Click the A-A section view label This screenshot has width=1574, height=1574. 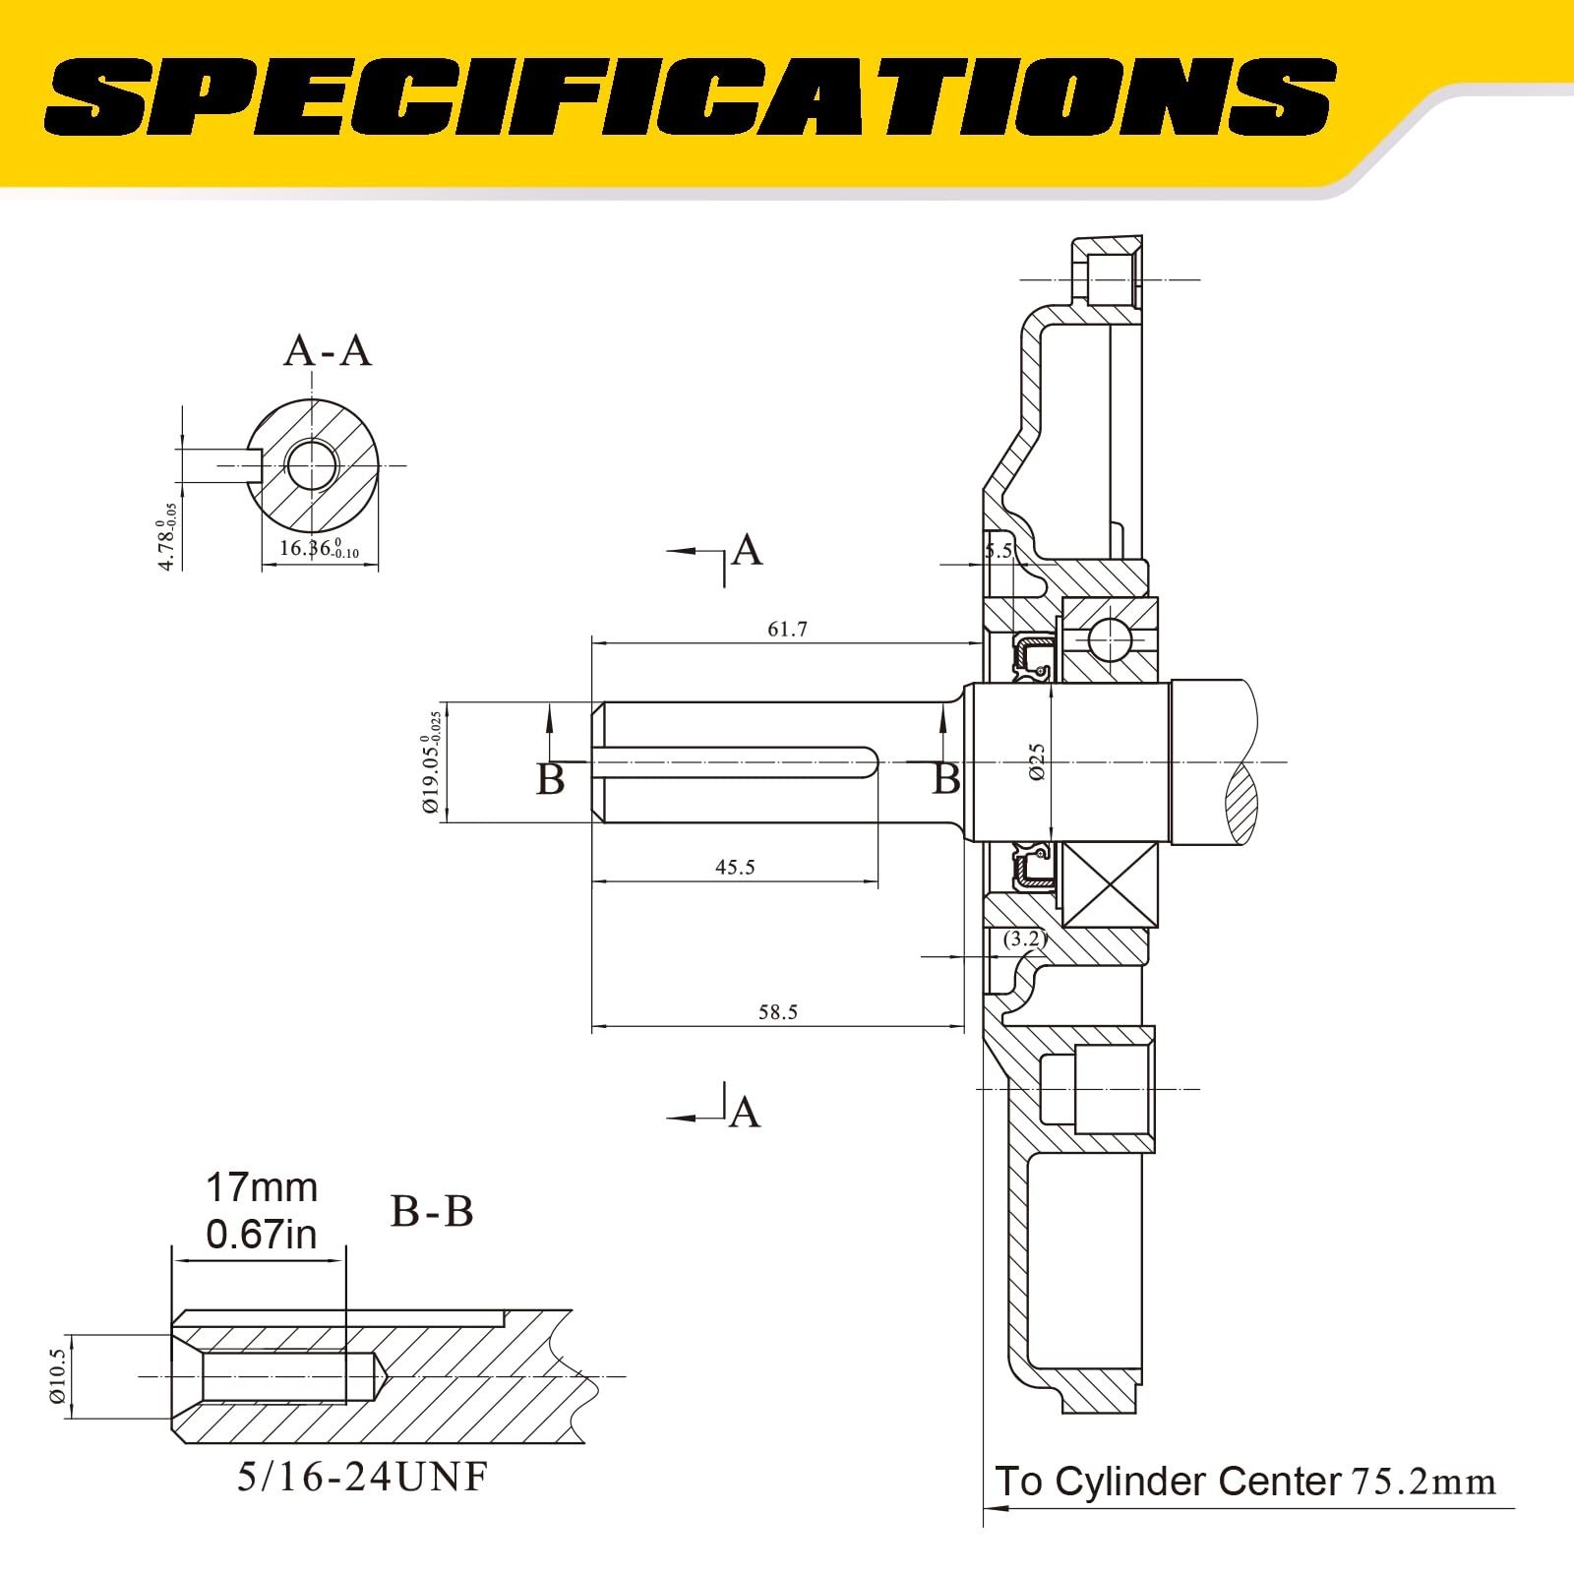[x=328, y=350]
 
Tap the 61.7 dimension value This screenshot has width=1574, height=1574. [x=787, y=629]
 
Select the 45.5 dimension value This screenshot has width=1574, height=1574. [x=735, y=867]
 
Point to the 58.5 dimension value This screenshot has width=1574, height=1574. [x=777, y=1012]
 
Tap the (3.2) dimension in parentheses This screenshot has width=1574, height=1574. [x=1024, y=938]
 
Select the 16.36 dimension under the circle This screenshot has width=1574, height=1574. [x=317, y=549]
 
